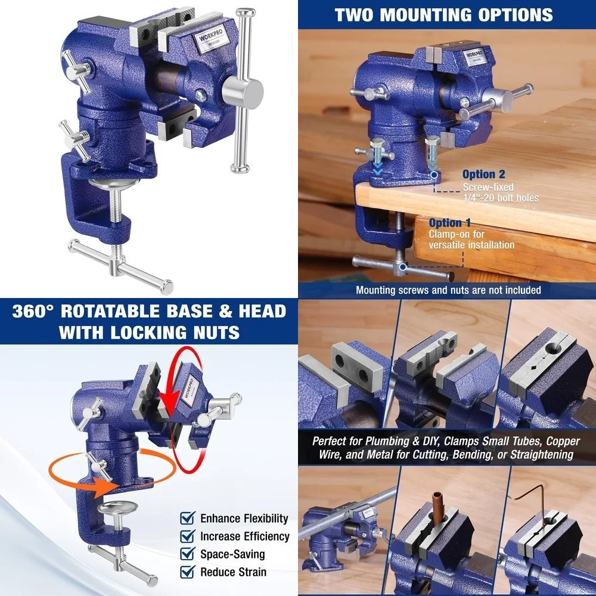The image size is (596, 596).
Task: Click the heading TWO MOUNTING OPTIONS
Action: coord(443,14)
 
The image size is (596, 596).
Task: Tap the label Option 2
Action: coord(483,175)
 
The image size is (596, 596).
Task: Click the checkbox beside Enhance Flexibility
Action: coord(188,518)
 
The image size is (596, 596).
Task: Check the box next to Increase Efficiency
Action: coord(188,536)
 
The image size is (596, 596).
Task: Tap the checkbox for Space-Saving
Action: coord(188,554)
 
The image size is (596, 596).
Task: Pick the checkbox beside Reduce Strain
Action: coord(188,572)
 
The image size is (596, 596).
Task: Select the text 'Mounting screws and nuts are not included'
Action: coord(448,290)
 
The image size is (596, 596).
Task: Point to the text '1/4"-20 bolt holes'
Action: coord(501,197)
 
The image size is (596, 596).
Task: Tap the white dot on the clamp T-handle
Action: coord(403,266)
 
